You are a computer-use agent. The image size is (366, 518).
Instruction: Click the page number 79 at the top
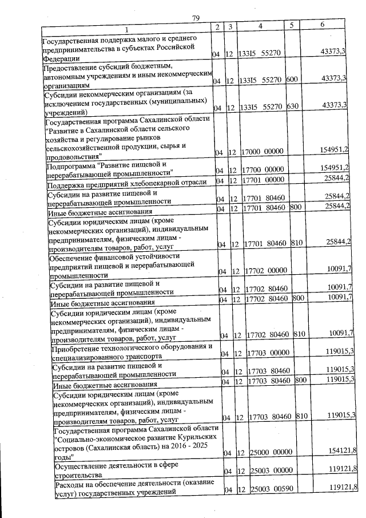pyautogui.click(x=195, y=18)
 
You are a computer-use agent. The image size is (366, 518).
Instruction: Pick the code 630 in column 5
pyautogui.click(x=293, y=106)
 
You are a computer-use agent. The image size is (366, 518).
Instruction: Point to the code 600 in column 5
pyautogui.click(x=292, y=80)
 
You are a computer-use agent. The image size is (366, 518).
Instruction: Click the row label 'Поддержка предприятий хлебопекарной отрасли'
pyautogui.click(x=126, y=182)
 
